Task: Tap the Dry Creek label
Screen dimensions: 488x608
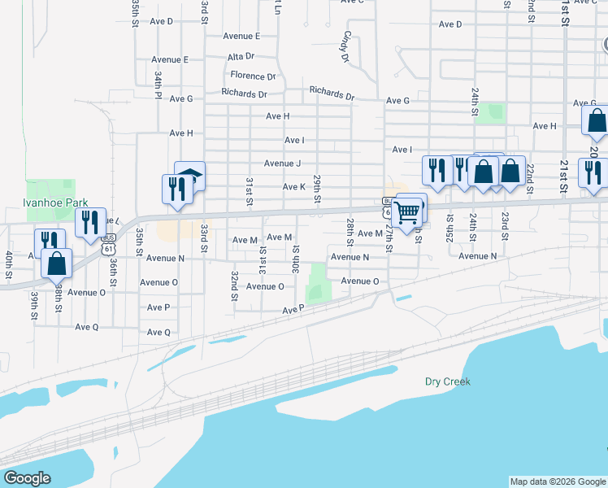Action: (448, 381)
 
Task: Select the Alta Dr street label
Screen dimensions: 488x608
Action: (241, 57)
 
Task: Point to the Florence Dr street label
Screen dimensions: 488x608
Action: (252, 76)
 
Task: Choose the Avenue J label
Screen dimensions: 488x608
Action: (282, 163)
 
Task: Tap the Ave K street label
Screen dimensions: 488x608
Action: (293, 187)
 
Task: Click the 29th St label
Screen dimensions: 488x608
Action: (318, 190)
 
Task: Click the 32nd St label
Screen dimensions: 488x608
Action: (234, 285)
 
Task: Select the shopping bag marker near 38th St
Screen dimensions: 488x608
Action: (56, 264)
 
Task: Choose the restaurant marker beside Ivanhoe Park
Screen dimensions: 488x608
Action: (90, 222)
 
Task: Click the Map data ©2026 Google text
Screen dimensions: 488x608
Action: (557, 481)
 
